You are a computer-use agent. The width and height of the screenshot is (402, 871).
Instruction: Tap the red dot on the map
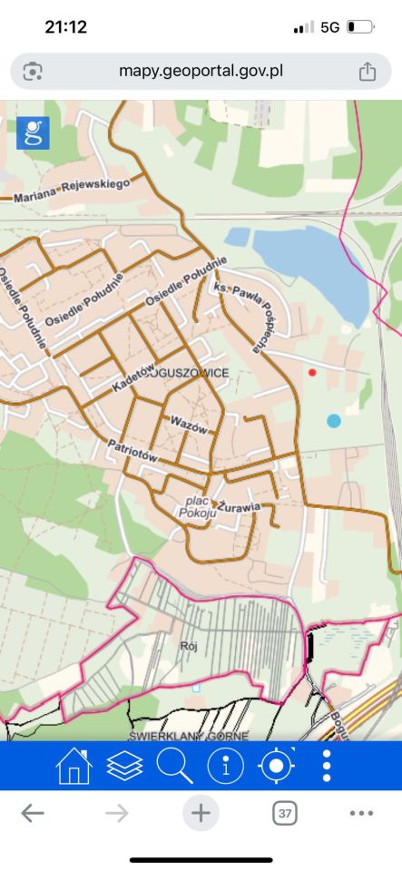coord(312,372)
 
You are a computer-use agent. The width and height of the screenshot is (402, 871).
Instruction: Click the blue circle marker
coord(334,420)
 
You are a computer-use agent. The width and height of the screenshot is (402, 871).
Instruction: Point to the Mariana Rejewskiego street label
coord(72,189)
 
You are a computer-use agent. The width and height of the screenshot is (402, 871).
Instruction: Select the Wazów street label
coord(189,423)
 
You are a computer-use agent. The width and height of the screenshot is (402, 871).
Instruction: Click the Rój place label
coord(189,646)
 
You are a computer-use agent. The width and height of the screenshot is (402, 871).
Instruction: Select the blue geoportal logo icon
coord(33,132)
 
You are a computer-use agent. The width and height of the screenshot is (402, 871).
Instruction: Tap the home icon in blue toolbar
coord(74,766)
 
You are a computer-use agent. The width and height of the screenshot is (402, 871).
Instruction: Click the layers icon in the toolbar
coord(124,766)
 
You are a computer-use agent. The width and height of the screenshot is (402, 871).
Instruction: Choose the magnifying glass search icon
coord(174,766)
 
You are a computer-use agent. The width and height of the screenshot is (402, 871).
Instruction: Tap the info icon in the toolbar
coord(226,766)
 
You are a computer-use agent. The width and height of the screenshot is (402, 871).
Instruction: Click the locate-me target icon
coord(276,766)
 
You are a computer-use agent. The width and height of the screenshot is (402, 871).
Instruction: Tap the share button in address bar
coord(367,71)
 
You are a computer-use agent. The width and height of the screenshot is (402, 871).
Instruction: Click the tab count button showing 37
coord(285,814)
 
